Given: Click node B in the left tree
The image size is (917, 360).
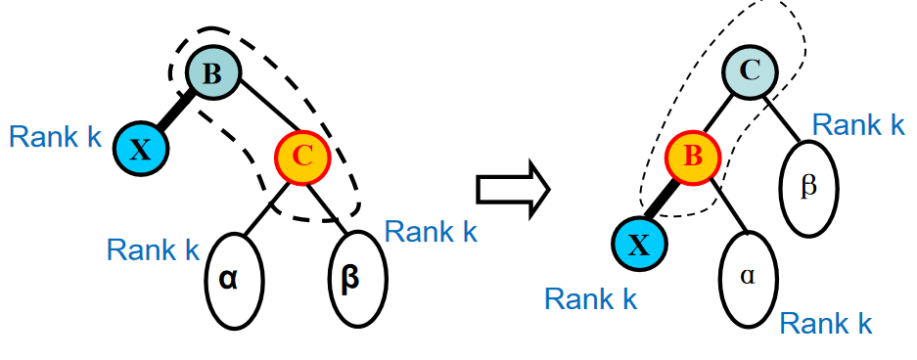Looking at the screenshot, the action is tap(213, 73).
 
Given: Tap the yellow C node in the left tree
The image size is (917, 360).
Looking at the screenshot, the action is tap(302, 155).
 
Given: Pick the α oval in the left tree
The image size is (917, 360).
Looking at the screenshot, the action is tap(235, 280).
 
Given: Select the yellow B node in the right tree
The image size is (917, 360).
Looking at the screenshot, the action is tap(693, 157).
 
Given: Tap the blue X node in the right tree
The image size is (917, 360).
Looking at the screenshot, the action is tap(639, 245).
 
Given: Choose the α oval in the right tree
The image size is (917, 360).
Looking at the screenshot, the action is tap(748, 279).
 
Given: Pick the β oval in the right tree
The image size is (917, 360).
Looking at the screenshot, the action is tap(809, 188).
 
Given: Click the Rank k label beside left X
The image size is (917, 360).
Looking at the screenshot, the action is tap(56, 138).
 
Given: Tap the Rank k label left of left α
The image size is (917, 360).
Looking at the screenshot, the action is tap(154, 250).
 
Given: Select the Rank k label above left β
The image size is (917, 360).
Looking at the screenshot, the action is tap(431, 232).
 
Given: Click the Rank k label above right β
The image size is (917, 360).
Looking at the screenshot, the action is tap(859, 124).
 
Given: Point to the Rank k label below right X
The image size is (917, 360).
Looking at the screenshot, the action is tap(591, 299).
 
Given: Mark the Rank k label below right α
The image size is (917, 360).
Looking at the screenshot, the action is tap(826, 323).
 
